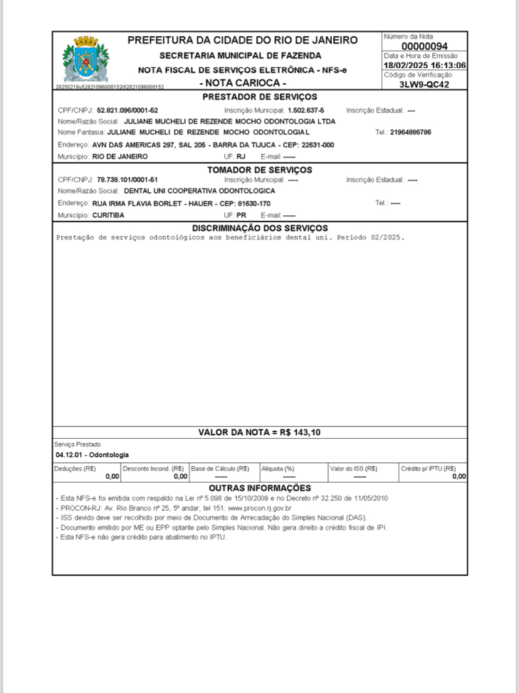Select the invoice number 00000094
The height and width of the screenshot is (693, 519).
tap(424, 46)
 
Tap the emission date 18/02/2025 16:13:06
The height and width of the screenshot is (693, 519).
tap(424, 65)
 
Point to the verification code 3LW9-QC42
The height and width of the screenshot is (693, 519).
tap(424, 85)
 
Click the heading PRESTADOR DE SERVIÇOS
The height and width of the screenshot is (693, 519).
tap(259, 97)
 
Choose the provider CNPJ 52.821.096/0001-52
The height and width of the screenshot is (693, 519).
tap(127, 110)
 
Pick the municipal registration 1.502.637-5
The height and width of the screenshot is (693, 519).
tap(306, 110)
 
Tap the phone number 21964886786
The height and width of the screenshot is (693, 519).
tap(411, 132)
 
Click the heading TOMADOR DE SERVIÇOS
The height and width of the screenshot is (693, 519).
tap(259, 170)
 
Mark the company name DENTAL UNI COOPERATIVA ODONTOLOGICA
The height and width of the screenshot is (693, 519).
tap(199, 190)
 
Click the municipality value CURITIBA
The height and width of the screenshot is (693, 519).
tap(108, 214)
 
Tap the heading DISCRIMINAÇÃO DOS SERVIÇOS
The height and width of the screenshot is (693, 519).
tap(259, 228)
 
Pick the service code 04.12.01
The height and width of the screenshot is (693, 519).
tap(69, 455)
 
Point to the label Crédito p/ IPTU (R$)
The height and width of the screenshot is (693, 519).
tap(429, 468)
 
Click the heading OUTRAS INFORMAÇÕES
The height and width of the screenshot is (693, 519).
tap(259, 487)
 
